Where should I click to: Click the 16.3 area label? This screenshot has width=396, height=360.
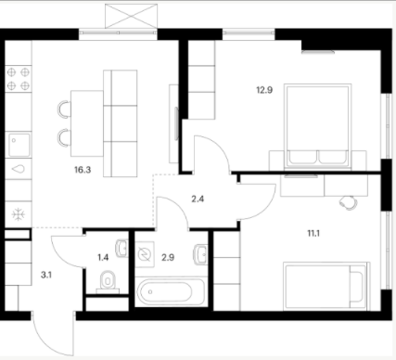[83, 170]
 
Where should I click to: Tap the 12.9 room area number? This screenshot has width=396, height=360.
[264, 90]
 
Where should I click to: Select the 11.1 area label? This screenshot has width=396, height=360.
[313, 233]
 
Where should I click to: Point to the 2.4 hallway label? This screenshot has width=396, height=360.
[198, 199]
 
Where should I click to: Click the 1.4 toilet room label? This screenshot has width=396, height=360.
[103, 257]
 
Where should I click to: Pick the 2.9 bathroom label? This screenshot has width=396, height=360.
[168, 257]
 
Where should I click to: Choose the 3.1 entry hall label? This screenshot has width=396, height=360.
[46, 275]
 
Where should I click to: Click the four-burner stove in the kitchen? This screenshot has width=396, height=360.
[19, 79]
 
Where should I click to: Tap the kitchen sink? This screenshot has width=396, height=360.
[19, 145]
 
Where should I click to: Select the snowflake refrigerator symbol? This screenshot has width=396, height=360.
[19, 214]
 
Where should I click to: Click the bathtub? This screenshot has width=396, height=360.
[171, 292]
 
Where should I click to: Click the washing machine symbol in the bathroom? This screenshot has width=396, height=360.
[145, 254]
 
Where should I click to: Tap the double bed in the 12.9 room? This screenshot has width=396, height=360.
[317, 126]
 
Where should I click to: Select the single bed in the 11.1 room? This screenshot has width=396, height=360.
[326, 286]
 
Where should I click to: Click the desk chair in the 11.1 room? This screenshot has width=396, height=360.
[349, 203]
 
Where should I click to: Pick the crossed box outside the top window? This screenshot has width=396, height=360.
[131, 17]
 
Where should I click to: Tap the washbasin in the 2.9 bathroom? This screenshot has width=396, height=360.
[200, 255]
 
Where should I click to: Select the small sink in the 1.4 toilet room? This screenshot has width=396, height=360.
[122, 249]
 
